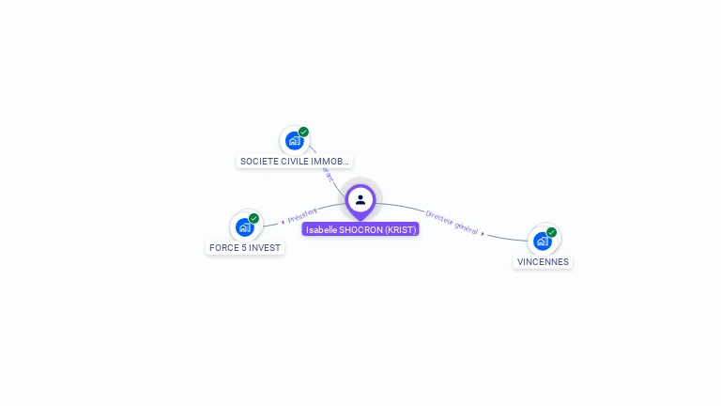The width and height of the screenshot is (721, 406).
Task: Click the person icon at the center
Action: [x=360, y=199]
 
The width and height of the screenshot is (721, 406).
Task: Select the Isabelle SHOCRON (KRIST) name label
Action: [x=360, y=229]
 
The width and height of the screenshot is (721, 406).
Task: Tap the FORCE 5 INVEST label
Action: [x=245, y=248]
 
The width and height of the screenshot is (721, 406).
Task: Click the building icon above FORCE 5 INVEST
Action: [x=245, y=226]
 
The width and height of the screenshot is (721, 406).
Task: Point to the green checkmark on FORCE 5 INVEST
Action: [x=253, y=218]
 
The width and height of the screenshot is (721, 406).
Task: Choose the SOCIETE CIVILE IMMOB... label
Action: [x=295, y=162]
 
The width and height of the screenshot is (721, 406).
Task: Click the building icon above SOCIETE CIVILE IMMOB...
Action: [x=295, y=141]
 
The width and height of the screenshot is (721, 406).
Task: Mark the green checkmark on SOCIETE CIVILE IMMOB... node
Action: [x=303, y=133]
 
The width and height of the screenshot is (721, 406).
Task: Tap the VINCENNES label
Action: [x=543, y=262]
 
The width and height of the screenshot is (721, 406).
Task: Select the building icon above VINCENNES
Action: [x=542, y=241]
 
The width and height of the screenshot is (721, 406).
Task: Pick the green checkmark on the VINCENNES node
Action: [x=551, y=232]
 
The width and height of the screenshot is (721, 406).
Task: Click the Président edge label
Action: [x=303, y=215]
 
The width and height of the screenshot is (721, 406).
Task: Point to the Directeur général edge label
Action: [x=452, y=222]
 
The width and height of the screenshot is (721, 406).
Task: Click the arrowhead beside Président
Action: [x=283, y=222]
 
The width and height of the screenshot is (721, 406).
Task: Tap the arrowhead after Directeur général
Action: [x=483, y=233]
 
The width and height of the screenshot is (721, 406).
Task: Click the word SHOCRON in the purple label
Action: [x=361, y=229]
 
